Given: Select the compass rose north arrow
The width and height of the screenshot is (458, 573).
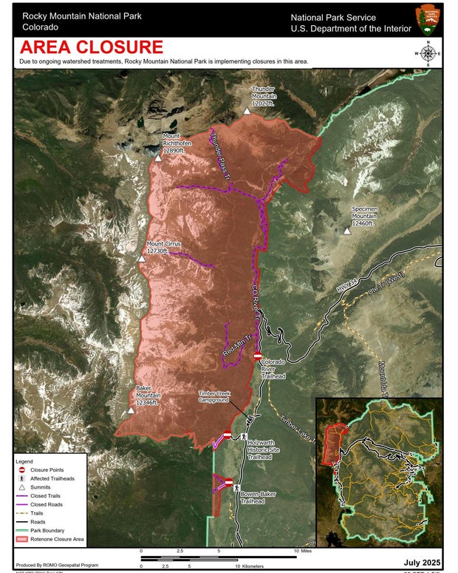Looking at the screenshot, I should pyautogui.click(x=427, y=54).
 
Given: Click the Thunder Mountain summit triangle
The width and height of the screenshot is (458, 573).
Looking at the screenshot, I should pyautogui.click(x=247, y=111).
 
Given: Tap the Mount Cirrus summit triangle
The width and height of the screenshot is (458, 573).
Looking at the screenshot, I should pyautogui.click(x=141, y=259).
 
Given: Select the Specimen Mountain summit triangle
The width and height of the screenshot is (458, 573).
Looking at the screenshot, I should pyautogui.click(x=346, y=231).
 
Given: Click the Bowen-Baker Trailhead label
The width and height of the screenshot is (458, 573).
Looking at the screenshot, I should pyautogui.click(x=256, y=496).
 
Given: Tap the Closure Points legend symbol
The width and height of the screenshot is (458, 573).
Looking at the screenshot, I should pyautogui.click(x=22, y=470).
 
